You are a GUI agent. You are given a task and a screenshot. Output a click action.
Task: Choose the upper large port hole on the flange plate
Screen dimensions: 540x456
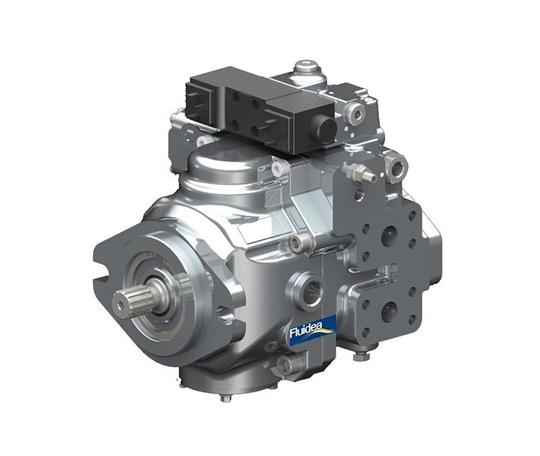pos(389,236)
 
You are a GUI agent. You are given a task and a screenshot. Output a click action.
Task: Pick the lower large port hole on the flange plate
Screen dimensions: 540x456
pos(389,310)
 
